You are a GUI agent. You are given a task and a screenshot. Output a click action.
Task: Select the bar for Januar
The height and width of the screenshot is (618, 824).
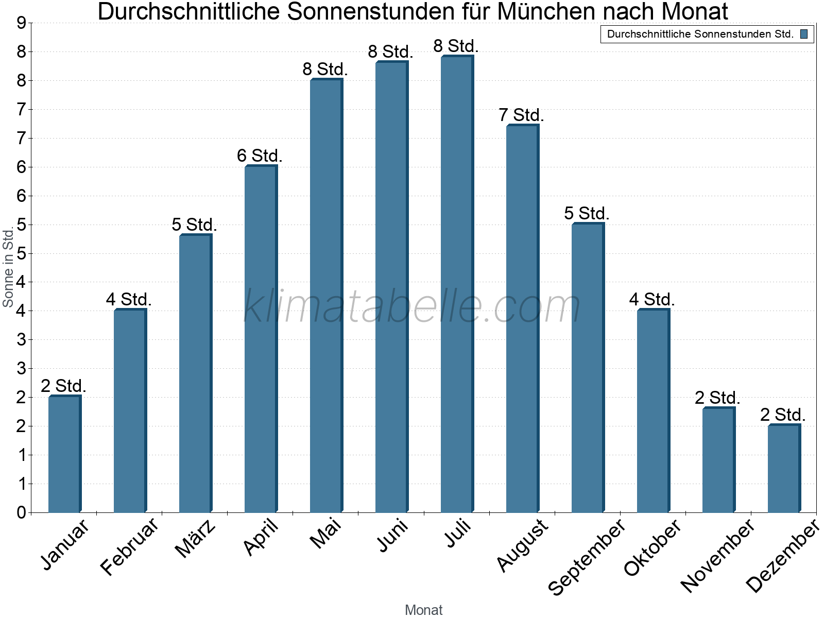click(x=64, y=454)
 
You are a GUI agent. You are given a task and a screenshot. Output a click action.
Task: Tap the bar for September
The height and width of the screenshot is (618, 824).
click(x=588, y=368)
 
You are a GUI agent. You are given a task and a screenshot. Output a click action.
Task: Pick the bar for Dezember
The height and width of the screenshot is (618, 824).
click(x=784, y=469)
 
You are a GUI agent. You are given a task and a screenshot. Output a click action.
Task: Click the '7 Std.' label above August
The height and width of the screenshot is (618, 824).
click(x=521, y=115)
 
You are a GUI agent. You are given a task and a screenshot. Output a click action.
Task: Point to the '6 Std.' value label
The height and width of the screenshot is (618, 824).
click(x=260, y=156)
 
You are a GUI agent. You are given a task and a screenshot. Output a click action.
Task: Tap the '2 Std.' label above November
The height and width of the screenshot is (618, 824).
click(x=717, y=398)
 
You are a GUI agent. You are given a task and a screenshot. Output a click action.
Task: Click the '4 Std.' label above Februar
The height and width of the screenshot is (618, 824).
click(x=129, y=299)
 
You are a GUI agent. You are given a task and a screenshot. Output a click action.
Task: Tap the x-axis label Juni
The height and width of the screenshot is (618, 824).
click(x=392, y=535)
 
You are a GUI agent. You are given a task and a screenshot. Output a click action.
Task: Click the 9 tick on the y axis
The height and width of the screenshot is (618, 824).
click(x=21, y=23)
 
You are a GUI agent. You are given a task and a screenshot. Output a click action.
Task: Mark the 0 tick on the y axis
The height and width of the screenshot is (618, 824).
click(x=21, y=512)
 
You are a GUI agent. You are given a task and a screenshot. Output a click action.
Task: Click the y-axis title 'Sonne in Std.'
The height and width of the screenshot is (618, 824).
click(x=8, y=268)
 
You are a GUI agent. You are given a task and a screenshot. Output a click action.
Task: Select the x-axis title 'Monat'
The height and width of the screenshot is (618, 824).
click(x=423, y=610)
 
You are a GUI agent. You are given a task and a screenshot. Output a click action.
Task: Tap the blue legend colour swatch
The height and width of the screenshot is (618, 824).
click(x=804, y=35)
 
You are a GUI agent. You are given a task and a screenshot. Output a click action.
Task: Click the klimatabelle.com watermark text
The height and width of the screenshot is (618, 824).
click(x=412, y=306)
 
